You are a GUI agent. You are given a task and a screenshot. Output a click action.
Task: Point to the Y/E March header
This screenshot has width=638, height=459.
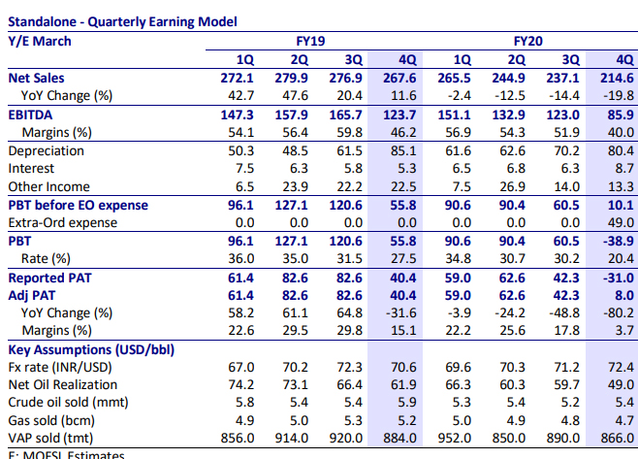pyautogui.click(x=40, y=42)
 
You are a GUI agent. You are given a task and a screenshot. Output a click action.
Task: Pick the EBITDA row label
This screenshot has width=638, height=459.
pyautogui.click(x=32, y=114)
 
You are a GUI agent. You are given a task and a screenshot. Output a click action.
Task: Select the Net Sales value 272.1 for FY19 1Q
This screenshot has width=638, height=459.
pyautogui.click(x=238, y=77)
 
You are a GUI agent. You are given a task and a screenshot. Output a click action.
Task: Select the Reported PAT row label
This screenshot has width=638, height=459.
pyautogui.click(x=48, y=277)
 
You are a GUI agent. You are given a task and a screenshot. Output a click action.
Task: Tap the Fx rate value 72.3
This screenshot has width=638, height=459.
pyautogui.click(x=344, y=367)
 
